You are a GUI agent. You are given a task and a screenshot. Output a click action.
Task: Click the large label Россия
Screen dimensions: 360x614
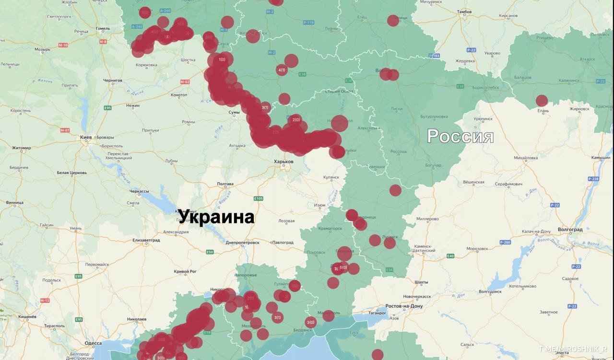[460, 136]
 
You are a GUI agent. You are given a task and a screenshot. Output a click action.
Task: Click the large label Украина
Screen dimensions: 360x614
[216, 217]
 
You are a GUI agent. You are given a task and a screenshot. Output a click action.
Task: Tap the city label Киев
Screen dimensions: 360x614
[86, 138]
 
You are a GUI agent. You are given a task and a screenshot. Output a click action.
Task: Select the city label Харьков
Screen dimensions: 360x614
[283, 162]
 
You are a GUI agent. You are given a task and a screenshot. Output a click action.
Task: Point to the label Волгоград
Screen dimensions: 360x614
[570, 230]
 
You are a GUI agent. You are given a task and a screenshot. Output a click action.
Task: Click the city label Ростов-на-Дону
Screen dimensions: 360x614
[404, 306]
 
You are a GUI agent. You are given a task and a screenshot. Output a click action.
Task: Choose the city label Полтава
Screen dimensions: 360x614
[225, 184]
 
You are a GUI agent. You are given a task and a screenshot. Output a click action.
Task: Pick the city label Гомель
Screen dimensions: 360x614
[103, 28]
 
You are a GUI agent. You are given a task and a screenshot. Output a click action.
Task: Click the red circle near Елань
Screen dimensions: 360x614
[542, 101]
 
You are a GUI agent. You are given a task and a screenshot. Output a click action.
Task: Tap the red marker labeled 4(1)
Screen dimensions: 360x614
[282, 70]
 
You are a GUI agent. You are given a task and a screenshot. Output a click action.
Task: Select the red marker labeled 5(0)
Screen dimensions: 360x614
[343, 267]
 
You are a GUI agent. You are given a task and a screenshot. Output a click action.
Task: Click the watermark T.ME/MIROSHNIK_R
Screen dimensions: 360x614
[573, 349]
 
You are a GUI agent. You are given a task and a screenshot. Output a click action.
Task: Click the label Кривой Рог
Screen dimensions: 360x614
[185, 271]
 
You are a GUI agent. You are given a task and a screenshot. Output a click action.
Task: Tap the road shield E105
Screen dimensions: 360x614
[258, 198]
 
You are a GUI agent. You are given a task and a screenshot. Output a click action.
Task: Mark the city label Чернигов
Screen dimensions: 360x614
[112, 81]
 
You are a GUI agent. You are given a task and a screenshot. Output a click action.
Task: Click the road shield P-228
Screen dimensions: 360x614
[593, 179]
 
